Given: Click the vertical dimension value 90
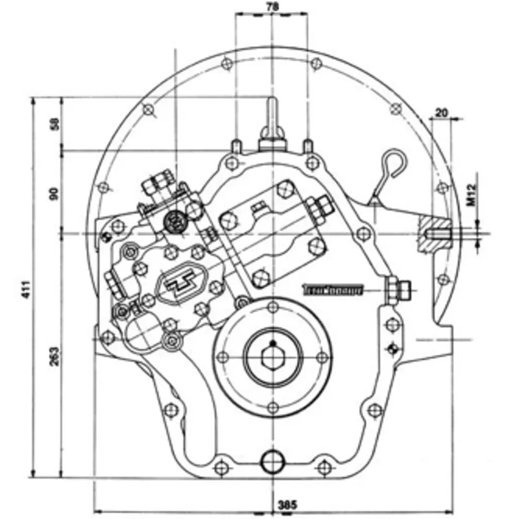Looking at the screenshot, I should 54,193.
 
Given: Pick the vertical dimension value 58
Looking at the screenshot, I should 54,124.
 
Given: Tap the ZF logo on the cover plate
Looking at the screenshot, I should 184,284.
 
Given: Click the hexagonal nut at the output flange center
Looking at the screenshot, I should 273,357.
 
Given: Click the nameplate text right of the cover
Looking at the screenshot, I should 332,290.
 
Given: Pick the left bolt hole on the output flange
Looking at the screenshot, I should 223,357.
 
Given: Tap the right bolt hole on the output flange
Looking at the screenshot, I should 322,357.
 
